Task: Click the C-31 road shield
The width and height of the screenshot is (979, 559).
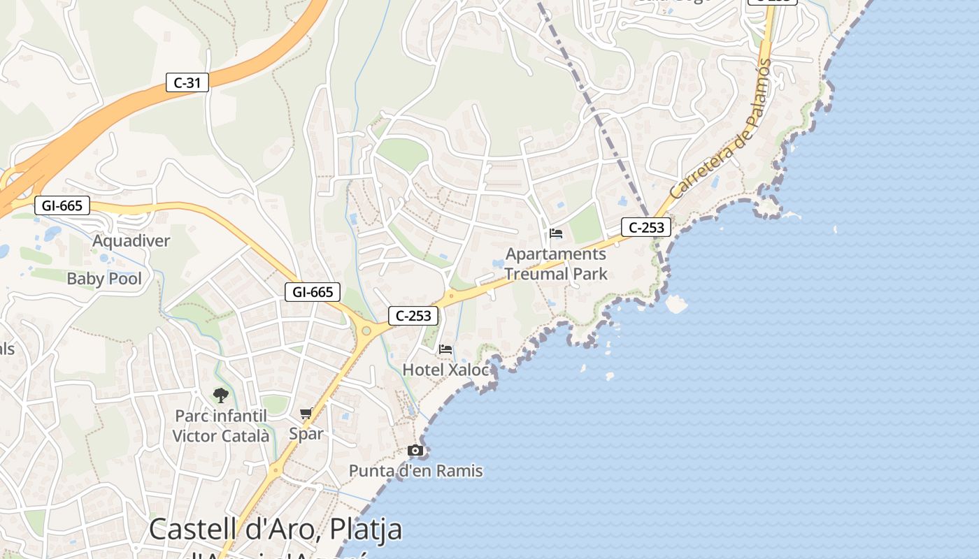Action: coord(187,82)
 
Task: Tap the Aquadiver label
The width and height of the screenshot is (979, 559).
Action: coord(131,241)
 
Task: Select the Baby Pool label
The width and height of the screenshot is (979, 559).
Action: coord(104,279)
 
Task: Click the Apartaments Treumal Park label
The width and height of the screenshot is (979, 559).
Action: coord(556,263)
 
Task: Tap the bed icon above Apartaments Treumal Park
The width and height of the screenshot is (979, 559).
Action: coord(556,233)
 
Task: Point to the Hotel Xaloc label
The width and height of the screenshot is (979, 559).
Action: coord(446,370)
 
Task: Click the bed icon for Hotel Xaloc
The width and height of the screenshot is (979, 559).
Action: coord(445,349)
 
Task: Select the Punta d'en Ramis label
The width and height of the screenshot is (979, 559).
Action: coord(416,471)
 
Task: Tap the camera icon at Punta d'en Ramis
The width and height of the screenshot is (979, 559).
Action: coord(415,450)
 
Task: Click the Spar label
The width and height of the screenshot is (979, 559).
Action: coord(306,434)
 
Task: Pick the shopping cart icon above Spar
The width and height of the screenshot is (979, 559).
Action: coord(306,413)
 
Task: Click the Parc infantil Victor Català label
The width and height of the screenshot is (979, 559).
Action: coord(221,426)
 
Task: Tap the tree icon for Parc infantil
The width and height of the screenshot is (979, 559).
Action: coord(221,395)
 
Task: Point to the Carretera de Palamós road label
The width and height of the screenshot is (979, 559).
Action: coord(720,129)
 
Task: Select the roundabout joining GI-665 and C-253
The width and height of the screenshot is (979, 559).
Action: coord(366,330)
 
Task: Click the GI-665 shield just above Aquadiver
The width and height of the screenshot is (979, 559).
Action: coord(62,205)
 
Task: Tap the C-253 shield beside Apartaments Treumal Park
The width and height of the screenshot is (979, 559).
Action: coord(647,227)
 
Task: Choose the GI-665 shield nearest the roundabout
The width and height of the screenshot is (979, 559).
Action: coord(313,292)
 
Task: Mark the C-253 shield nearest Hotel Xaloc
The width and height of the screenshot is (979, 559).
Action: coord(413,316)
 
